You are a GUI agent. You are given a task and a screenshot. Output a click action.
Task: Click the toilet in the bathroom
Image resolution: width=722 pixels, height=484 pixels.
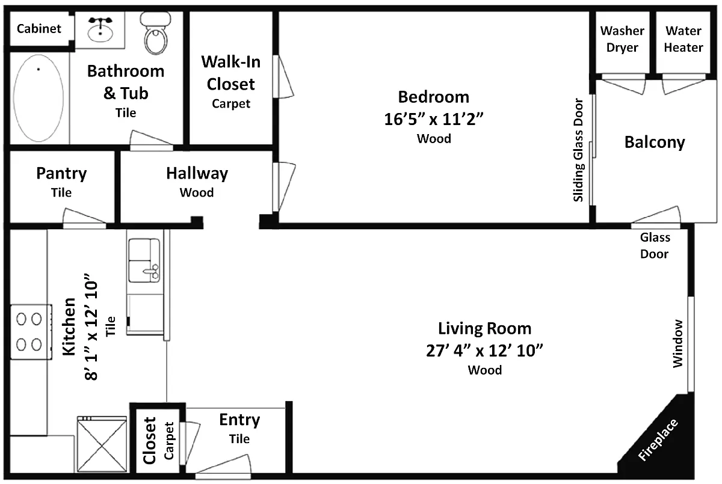coord(155,33)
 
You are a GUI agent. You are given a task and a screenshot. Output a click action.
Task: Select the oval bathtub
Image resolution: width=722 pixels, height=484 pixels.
coord(39,98)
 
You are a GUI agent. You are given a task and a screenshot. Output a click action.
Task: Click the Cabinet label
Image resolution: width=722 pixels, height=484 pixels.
coord(39,29)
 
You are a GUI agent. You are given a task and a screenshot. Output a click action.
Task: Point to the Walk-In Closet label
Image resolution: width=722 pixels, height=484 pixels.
coord(231,73)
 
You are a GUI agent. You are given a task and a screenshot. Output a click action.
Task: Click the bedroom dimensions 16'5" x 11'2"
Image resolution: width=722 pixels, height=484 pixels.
coord(434,119)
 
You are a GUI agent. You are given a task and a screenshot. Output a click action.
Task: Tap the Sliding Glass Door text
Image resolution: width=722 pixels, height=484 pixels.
coord(578,150)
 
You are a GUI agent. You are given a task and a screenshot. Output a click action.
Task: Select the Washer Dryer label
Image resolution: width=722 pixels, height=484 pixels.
coord(622,39)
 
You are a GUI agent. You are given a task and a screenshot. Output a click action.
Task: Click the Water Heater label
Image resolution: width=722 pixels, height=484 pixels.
coord(683,39)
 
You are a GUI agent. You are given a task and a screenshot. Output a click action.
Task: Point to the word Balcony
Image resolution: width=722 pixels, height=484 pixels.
coord(655,142)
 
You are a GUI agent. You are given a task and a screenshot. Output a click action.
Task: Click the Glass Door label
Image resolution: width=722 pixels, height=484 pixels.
coord(655,246)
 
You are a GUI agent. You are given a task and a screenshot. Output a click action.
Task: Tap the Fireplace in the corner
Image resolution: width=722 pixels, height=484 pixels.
coord(658,440)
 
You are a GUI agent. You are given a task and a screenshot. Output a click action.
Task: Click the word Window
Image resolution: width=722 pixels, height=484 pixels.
coord(678,343)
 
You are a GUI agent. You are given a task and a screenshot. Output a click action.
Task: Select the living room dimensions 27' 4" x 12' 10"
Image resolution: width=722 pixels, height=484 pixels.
coord(484,351)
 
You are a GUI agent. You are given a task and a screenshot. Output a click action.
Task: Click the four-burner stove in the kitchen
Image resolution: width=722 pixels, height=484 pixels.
coord(31,332)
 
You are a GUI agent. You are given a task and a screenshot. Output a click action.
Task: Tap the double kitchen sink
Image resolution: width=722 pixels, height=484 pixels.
coord(144,260)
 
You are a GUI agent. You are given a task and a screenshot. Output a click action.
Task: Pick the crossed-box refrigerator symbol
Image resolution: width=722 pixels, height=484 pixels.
coord(102,444)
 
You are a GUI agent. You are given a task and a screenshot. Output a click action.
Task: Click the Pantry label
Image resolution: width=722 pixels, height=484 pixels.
coord(61,174)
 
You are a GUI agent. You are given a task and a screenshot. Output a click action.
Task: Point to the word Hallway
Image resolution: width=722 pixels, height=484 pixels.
coord(197,174)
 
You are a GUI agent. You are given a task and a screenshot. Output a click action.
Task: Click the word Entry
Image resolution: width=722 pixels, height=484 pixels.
coord(239,420)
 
